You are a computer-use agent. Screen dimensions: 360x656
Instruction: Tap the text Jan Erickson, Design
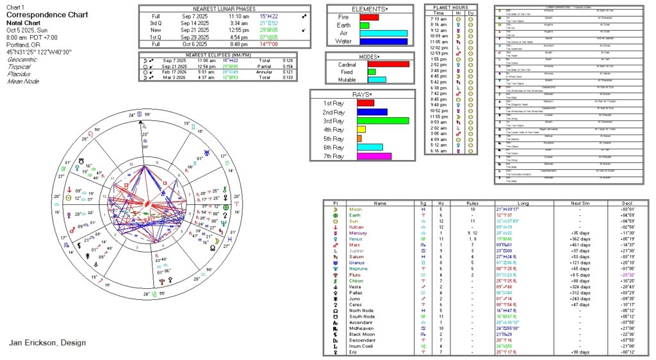47,343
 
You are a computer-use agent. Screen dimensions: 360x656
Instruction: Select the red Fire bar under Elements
369,17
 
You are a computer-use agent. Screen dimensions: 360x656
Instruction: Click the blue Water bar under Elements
384,42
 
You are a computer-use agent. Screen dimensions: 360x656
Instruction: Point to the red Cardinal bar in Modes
388,63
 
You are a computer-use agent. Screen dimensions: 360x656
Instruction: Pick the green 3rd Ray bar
382,120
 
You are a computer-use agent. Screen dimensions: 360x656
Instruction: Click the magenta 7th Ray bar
373,156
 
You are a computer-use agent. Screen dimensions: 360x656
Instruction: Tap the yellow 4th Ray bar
361,129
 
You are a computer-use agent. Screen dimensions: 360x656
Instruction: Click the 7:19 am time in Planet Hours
439,19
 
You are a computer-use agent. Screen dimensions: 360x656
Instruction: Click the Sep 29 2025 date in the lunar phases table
195,37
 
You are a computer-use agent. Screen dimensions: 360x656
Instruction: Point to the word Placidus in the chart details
19,74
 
